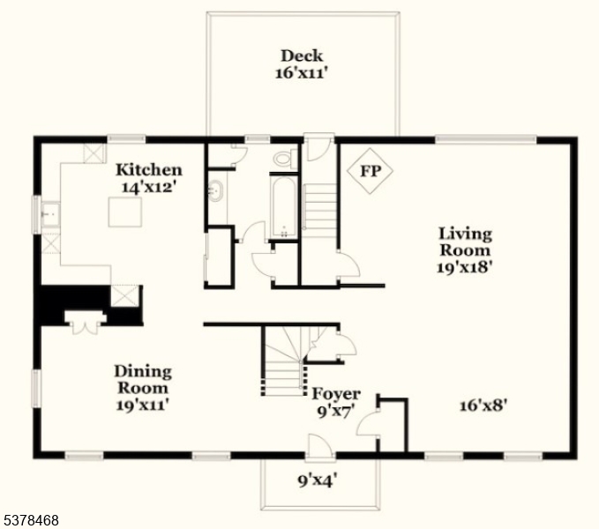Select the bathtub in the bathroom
pos(284,208)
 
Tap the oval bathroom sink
pos(215,190)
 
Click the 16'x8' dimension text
pos(483,406)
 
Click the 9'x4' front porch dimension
pos(318,481)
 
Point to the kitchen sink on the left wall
pos(48,213)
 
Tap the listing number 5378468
pos(31,520)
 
